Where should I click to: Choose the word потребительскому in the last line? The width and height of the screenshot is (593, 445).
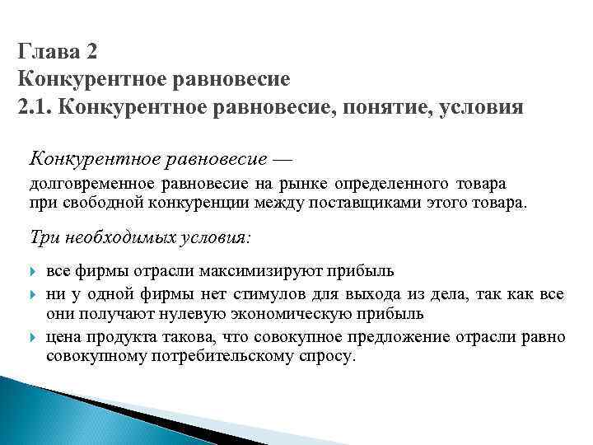coord(222,357)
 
